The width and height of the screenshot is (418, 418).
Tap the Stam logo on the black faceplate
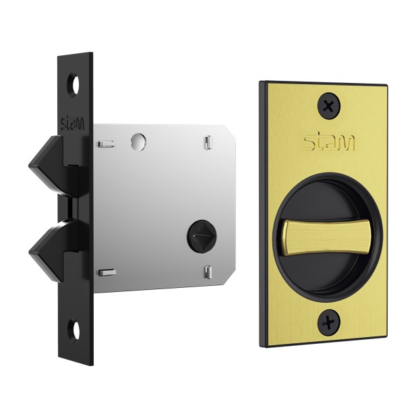(72, 123)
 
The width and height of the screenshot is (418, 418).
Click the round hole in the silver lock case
(138, 142)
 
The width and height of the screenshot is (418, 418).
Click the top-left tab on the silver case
(106, 144)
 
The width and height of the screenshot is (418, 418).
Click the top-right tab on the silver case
(208, 143)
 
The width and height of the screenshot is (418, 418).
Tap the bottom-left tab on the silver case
(107, 272)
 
